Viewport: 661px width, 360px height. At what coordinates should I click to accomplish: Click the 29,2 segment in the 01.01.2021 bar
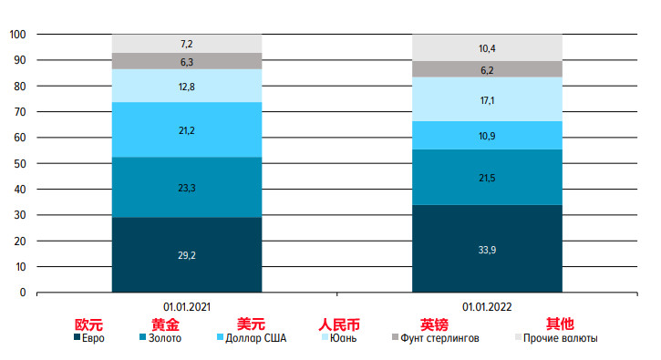186,256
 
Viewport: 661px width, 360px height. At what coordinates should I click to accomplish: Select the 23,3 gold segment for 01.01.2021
186,187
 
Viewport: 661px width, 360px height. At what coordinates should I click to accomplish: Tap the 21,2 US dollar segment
186,130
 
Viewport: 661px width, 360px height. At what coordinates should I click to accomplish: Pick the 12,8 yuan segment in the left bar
186,87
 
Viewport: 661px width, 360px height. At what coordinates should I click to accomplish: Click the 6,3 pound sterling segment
186,61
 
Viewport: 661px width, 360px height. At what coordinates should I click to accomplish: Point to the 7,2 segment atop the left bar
186,43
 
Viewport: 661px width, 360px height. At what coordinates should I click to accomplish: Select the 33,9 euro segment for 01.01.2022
487,249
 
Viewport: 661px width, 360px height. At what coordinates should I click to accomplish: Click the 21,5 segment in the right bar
487,177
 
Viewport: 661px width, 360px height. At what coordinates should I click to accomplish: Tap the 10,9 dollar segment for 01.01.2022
487,135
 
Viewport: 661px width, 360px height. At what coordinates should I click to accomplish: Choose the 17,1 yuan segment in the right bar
487,98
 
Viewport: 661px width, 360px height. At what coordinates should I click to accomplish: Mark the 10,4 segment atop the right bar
487,47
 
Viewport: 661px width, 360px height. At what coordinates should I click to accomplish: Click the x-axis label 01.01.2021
186,307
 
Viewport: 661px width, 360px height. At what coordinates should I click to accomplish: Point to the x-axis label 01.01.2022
487,307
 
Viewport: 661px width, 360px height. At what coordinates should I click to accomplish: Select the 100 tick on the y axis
16,35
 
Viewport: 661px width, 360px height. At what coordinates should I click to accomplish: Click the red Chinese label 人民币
338,324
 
